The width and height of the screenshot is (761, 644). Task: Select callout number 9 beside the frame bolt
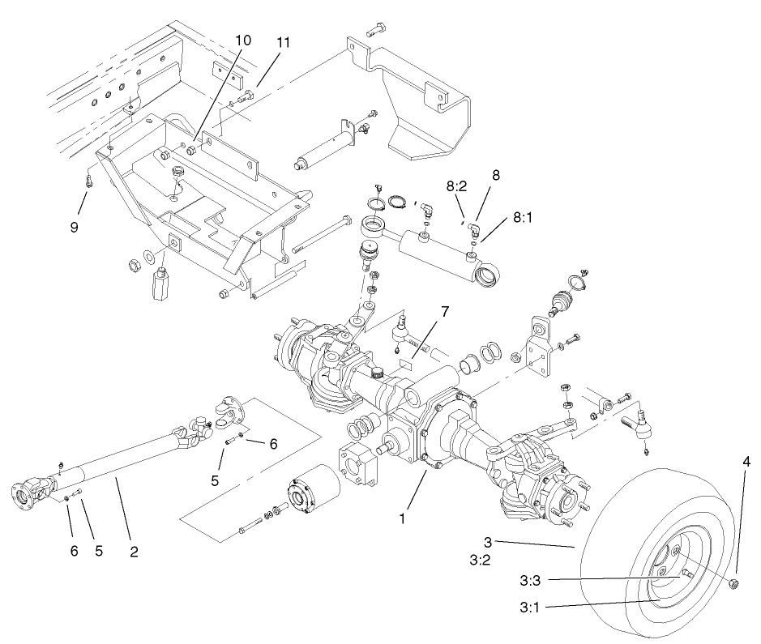[x=74, y=228]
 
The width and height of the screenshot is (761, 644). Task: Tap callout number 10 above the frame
[x=244, y=41]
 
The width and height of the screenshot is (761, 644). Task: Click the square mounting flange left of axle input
[x=356, y=467]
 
